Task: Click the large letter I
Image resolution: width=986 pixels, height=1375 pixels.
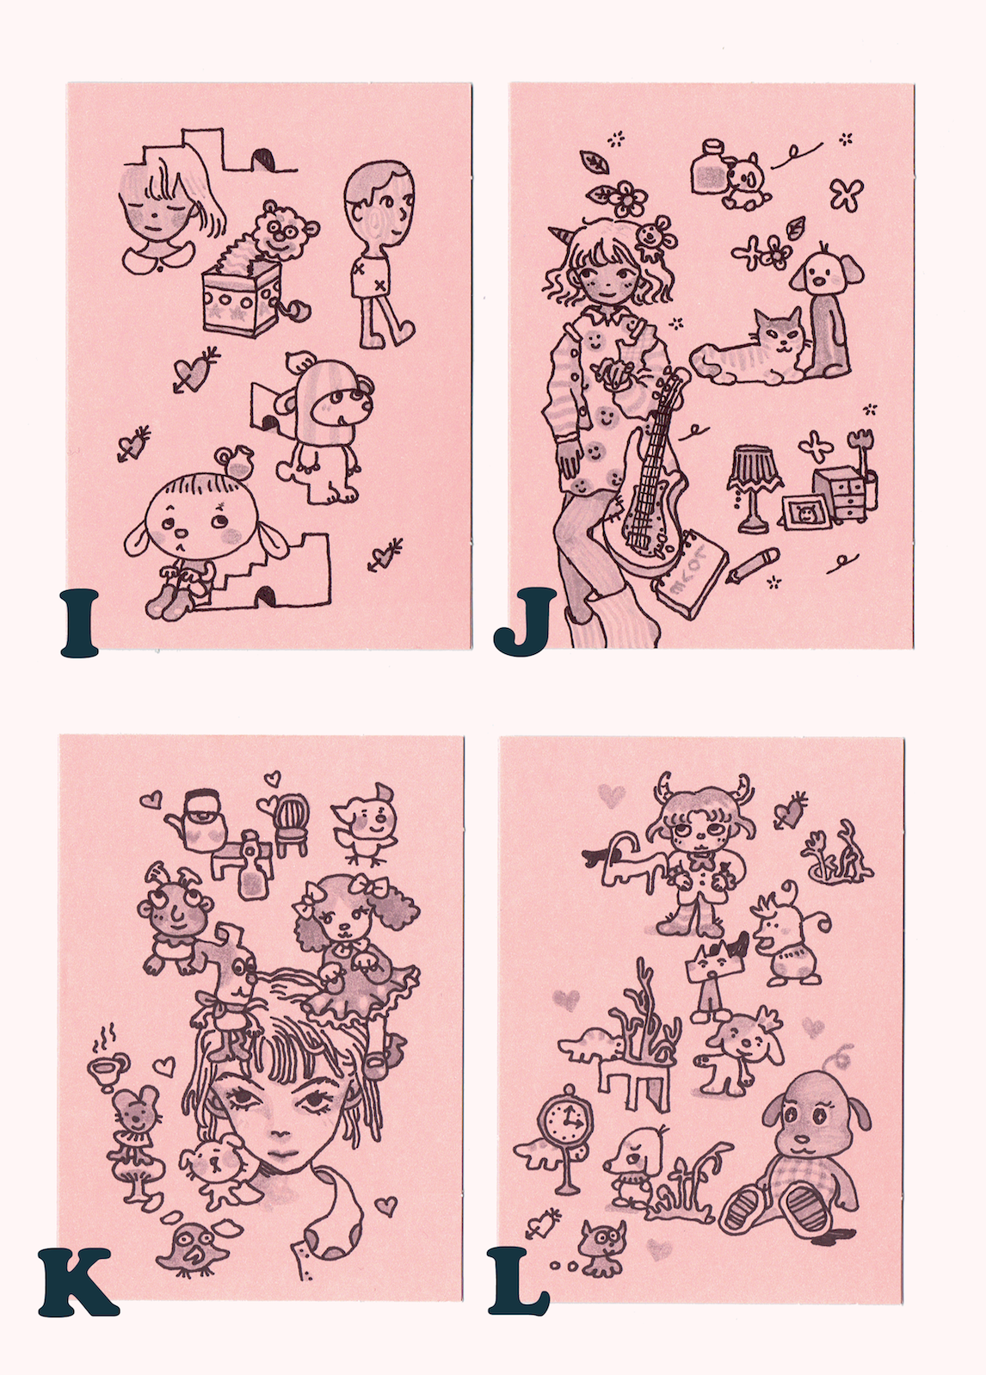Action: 80,622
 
